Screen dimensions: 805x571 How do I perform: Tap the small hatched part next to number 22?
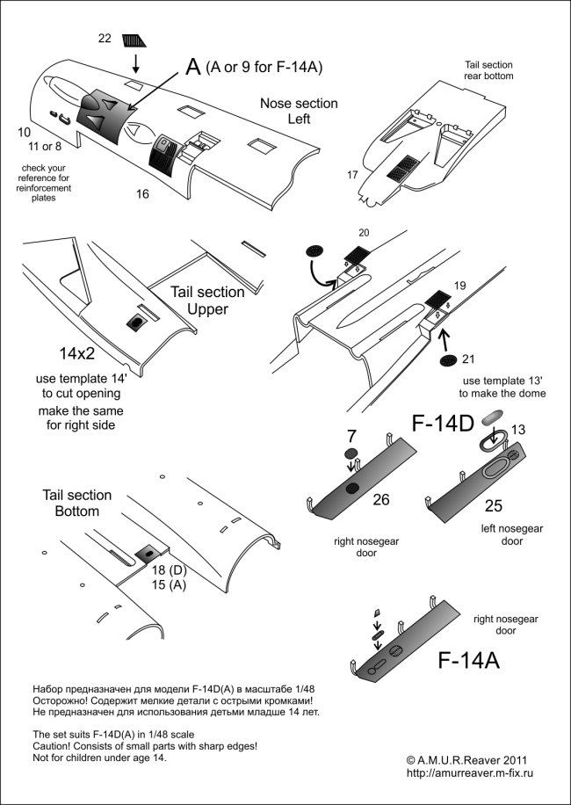tap(136, 40)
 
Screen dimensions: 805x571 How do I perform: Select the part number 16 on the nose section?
tap(142, 192)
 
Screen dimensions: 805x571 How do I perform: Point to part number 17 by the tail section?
tap(352, 175)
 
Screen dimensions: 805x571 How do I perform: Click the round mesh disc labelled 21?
tap(448, 361)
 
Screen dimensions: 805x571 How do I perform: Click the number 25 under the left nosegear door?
tap(492, 507)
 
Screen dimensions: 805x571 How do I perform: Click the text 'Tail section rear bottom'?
tap(488, 70)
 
